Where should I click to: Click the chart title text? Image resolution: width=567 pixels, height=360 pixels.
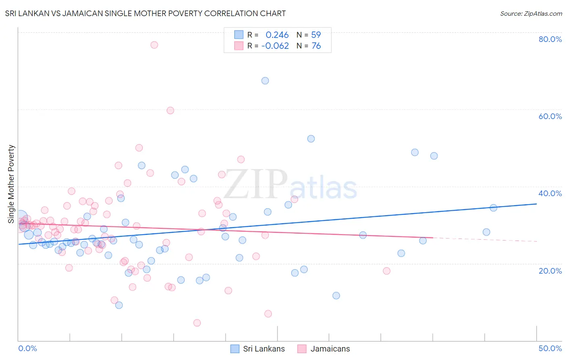tap(145, 13)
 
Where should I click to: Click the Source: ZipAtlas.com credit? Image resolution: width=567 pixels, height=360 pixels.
tap(531, 14)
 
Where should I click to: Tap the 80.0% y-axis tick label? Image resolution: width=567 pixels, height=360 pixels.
tap(550, 39)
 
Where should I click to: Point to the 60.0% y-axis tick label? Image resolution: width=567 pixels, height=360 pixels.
tap(550, 116)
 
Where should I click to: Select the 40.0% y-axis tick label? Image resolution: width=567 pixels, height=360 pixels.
tap(550, 193)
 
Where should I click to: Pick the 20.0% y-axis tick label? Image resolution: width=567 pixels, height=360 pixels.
tap(550, 271)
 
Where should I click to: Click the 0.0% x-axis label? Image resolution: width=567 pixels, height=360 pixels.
tap(27, 348)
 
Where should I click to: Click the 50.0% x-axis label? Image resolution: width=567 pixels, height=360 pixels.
tap(550, 348)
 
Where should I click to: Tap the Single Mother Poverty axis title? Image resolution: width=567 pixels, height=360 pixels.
tap(11, 184)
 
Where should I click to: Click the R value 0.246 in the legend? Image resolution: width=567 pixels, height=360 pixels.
tap(277, 35)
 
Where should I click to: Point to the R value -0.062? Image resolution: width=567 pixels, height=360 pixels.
tap(275, 46)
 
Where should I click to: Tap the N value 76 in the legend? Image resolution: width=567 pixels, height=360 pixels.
tap(316, 46)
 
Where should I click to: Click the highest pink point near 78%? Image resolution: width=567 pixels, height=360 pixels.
tap(154, 45)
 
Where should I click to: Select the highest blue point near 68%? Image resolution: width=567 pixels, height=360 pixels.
tap(265, 81)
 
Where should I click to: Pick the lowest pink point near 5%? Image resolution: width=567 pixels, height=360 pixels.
tap(197, 323)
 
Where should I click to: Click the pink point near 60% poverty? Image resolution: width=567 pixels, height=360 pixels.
tap(170, 111)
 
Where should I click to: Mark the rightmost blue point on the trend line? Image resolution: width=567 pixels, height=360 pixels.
tap(493, 208)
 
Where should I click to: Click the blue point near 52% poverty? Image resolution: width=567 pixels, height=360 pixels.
tap(311, 139)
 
